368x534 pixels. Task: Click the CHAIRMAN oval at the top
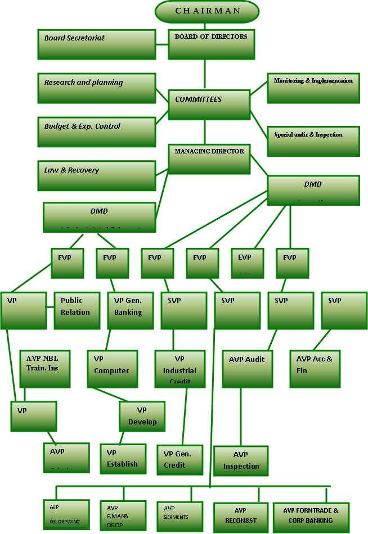[207, 11]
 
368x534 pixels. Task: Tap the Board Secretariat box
[96, 44]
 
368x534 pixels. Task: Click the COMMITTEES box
[209, 105]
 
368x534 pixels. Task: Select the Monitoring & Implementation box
[313, 88]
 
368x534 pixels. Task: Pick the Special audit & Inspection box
[313, 141]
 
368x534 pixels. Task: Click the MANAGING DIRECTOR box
[209, 158]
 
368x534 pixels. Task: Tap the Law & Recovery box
[96, 175]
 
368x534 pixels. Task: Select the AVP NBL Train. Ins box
[45, 369]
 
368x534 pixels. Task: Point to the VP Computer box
[113, 369]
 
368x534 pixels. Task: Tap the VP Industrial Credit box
[179, 369]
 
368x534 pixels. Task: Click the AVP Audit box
[246, 369]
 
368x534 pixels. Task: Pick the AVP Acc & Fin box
[314, 369]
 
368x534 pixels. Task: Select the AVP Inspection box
[241, 460]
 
